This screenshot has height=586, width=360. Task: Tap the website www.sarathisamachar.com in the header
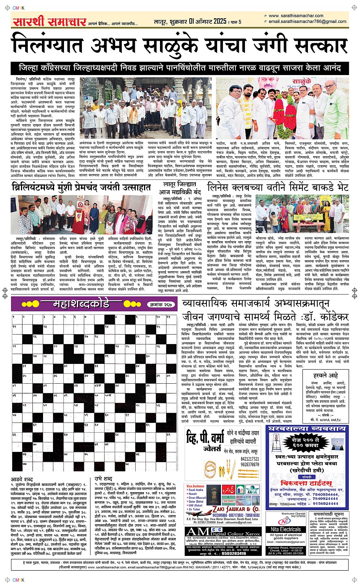point(296,16)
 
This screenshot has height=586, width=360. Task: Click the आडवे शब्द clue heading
point(22,479)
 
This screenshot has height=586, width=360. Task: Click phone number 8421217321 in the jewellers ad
point(250,459)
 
